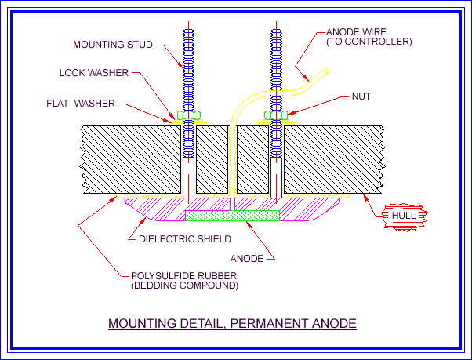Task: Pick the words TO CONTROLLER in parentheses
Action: click(x=369, y=42)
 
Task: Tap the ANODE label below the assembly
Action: click(x=246, y=256)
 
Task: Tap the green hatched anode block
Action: click(x=232, y=213)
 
